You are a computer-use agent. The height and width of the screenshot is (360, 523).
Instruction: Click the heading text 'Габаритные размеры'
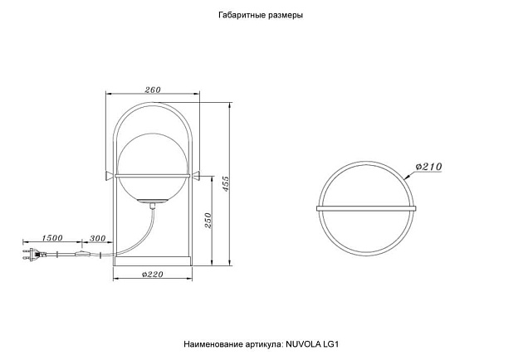[x=260, y=16]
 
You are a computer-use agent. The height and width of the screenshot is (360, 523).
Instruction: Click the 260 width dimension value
[x=153, y=90]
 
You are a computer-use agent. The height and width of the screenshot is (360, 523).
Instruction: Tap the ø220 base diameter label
[x=152, y=274]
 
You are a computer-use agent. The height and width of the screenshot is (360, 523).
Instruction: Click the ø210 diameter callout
[x=427, y=166]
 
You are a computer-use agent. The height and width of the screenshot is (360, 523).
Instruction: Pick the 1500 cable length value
[x=52, y=238]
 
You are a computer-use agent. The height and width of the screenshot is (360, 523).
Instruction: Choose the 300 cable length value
[x=97, y=238]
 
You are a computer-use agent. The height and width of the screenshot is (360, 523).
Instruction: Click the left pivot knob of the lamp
[x=109, y=174]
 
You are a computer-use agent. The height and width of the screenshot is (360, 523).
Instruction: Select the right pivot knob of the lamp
[x=197, y=174]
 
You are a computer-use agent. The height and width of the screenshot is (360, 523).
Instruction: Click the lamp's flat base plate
[x=153, y=260]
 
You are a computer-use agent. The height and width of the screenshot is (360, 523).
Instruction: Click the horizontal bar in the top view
[x=367, y=207]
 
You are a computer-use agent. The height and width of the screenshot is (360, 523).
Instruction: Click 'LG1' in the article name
[x=332, y=343]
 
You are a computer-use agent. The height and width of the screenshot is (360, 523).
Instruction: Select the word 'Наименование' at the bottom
[x=212, y=343]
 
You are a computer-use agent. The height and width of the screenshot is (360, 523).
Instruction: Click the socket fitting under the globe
[x=153, y=202]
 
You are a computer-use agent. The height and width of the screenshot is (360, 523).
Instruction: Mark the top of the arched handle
[x=153, y=103]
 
